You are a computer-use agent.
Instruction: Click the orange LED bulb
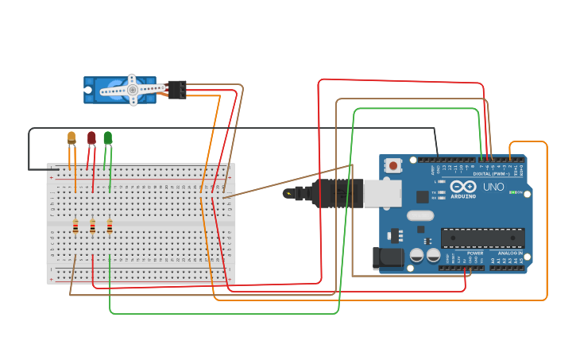[72, 137]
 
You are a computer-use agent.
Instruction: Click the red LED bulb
[91, 138]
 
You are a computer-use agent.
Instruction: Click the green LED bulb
[108, 138]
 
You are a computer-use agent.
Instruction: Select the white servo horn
[130, 90]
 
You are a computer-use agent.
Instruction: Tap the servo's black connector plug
[176, 89]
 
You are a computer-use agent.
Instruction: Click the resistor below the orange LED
[75, 228]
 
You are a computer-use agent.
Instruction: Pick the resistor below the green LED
[110, 227]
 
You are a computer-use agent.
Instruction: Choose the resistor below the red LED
[93, 228]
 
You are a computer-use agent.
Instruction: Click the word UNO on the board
[493, 187]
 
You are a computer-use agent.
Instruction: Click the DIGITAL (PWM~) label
[492, 173]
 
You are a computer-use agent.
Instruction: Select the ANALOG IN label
[510, 253]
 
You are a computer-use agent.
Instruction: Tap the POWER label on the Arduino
[475, 253]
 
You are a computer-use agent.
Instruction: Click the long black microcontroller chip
[482, 238]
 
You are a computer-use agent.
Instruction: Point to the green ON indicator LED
[514, 192]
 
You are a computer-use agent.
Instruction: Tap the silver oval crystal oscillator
[420, 215]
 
